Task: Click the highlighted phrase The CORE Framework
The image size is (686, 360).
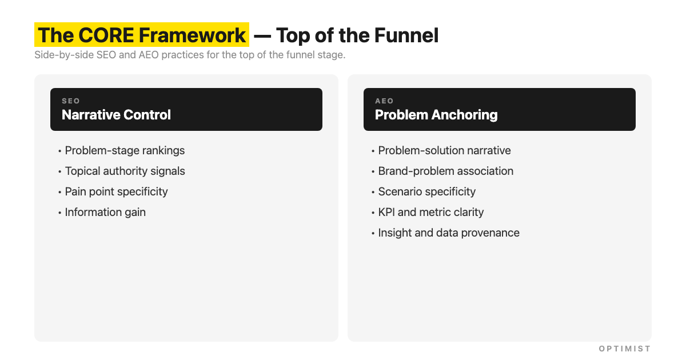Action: tap(141, 35)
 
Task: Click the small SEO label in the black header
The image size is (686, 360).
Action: tap(71, 101)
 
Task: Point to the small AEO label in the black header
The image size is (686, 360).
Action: tap(384, 101)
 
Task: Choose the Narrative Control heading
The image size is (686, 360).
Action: tap(116, 115)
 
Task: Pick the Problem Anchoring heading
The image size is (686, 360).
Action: tap(436, 115)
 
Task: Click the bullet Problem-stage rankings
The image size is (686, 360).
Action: tap(125, 150)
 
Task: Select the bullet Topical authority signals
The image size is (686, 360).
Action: tap(125, 171)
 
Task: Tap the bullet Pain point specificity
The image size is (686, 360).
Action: tap(116, 191)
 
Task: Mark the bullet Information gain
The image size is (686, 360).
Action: tap(105, 212)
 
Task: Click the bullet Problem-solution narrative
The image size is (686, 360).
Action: tap(444, 150)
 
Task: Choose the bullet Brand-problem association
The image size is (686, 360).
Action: tap(445, 171)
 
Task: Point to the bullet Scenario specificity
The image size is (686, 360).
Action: tap(426, 191)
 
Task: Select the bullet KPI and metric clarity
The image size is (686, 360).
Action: tap(430, 212)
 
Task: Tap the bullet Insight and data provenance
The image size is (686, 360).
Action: tap(448, 233)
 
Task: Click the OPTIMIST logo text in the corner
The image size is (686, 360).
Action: tap(624, 349)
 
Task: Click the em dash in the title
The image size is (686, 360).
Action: tap(262, 36)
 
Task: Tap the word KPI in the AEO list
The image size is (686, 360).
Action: tap(386, 212)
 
